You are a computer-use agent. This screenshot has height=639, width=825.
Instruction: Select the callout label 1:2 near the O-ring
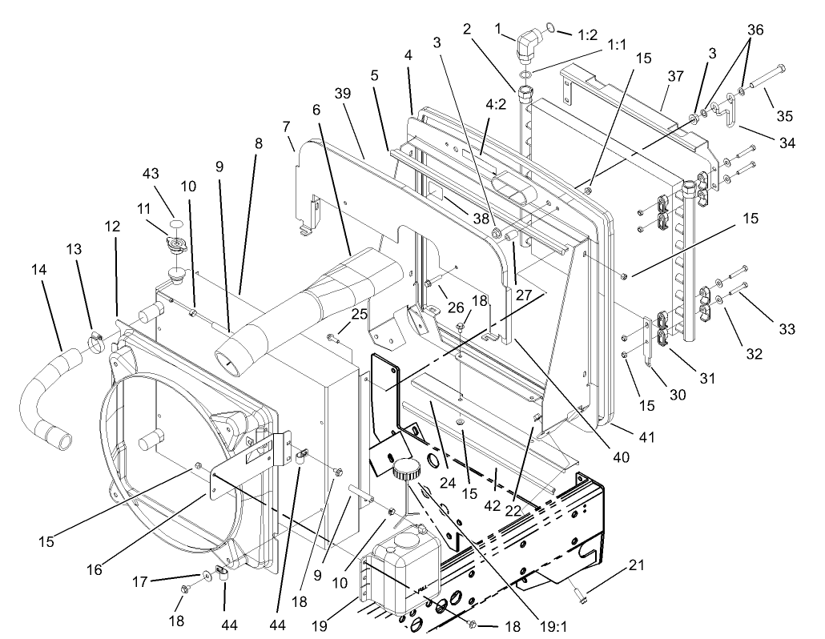click(x=587, y=34)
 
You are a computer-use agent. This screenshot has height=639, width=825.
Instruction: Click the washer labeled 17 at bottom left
click(x=207, y=574)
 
